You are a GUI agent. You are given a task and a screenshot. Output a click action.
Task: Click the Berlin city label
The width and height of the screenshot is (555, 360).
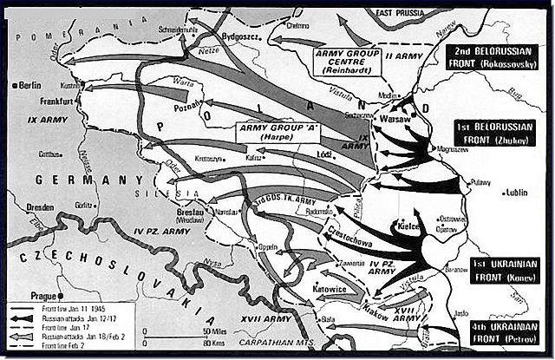pyautogui.click(x=29, y=85)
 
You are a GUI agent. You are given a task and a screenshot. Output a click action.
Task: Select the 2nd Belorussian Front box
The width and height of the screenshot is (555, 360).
pyautogui.click(x=497, y=56)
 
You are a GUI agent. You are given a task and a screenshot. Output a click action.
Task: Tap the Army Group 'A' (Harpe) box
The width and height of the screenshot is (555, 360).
pyautogui.click(x=277, y=133)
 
